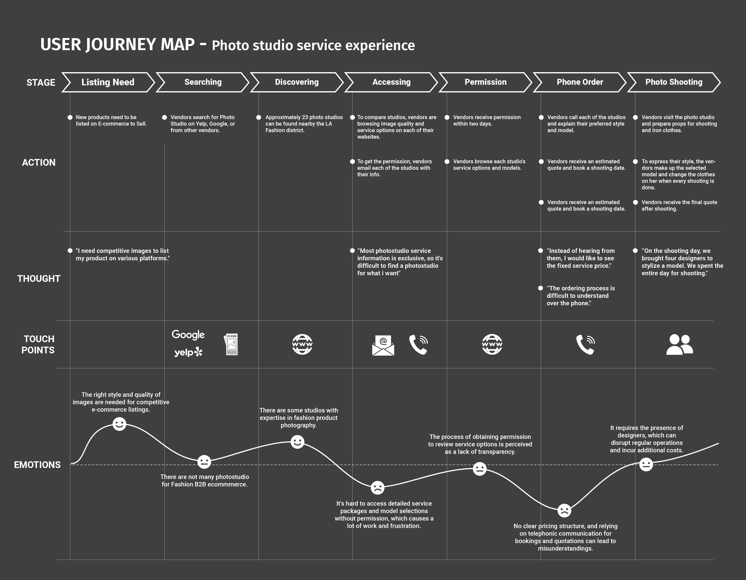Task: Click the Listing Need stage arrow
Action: pos(108,82)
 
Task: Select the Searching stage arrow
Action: pos(203,82)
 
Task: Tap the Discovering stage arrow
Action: pos(297,82)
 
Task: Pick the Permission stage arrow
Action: pos(485,82)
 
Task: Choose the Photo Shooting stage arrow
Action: pos(673,82)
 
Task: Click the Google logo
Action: pos(188,335)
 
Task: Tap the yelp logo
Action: pos(188,352)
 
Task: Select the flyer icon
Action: pos(232,344)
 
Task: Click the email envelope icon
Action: pos(383,345)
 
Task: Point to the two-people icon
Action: pos(679,344)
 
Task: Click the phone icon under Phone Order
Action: pos(585,344)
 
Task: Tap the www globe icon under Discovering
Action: pos(302,344)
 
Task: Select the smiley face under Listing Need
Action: pos(119,424)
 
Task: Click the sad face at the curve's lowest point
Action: pos(564,511)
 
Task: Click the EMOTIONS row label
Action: pos(37,465)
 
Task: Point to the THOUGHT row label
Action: pos(38,279)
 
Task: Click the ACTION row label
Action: pos(38,163)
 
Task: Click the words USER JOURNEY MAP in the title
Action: pos(118,45)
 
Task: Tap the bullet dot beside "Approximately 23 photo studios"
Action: pos(259,117)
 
